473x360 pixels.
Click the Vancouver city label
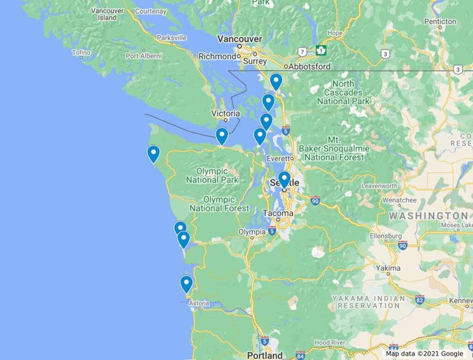pyautogui.click(x=240, y=39)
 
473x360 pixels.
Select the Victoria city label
pyautogui.click(x=225, y=113)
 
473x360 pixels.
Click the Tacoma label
pyautogui.click(x=278, y=213)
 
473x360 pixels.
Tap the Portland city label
pyautogui.click(x=265, y=355)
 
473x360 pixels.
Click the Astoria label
pyautogui.click(x=199, y=303)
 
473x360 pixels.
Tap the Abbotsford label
pyautogui.click(x=310, y=67)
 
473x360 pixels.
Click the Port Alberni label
pyautogui.click(x=144, y=55)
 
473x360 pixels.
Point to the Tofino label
pyautogui.click(x=81, y=52)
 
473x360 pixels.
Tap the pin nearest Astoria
pyautogui.click(x=186, y=284)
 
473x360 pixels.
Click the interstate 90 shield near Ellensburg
pyautogui.click(x=402, y=245)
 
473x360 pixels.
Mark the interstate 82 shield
pyautogui.click(x=419, y=300)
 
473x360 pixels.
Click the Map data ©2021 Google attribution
pyautogui.click(x=425, y=354)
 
